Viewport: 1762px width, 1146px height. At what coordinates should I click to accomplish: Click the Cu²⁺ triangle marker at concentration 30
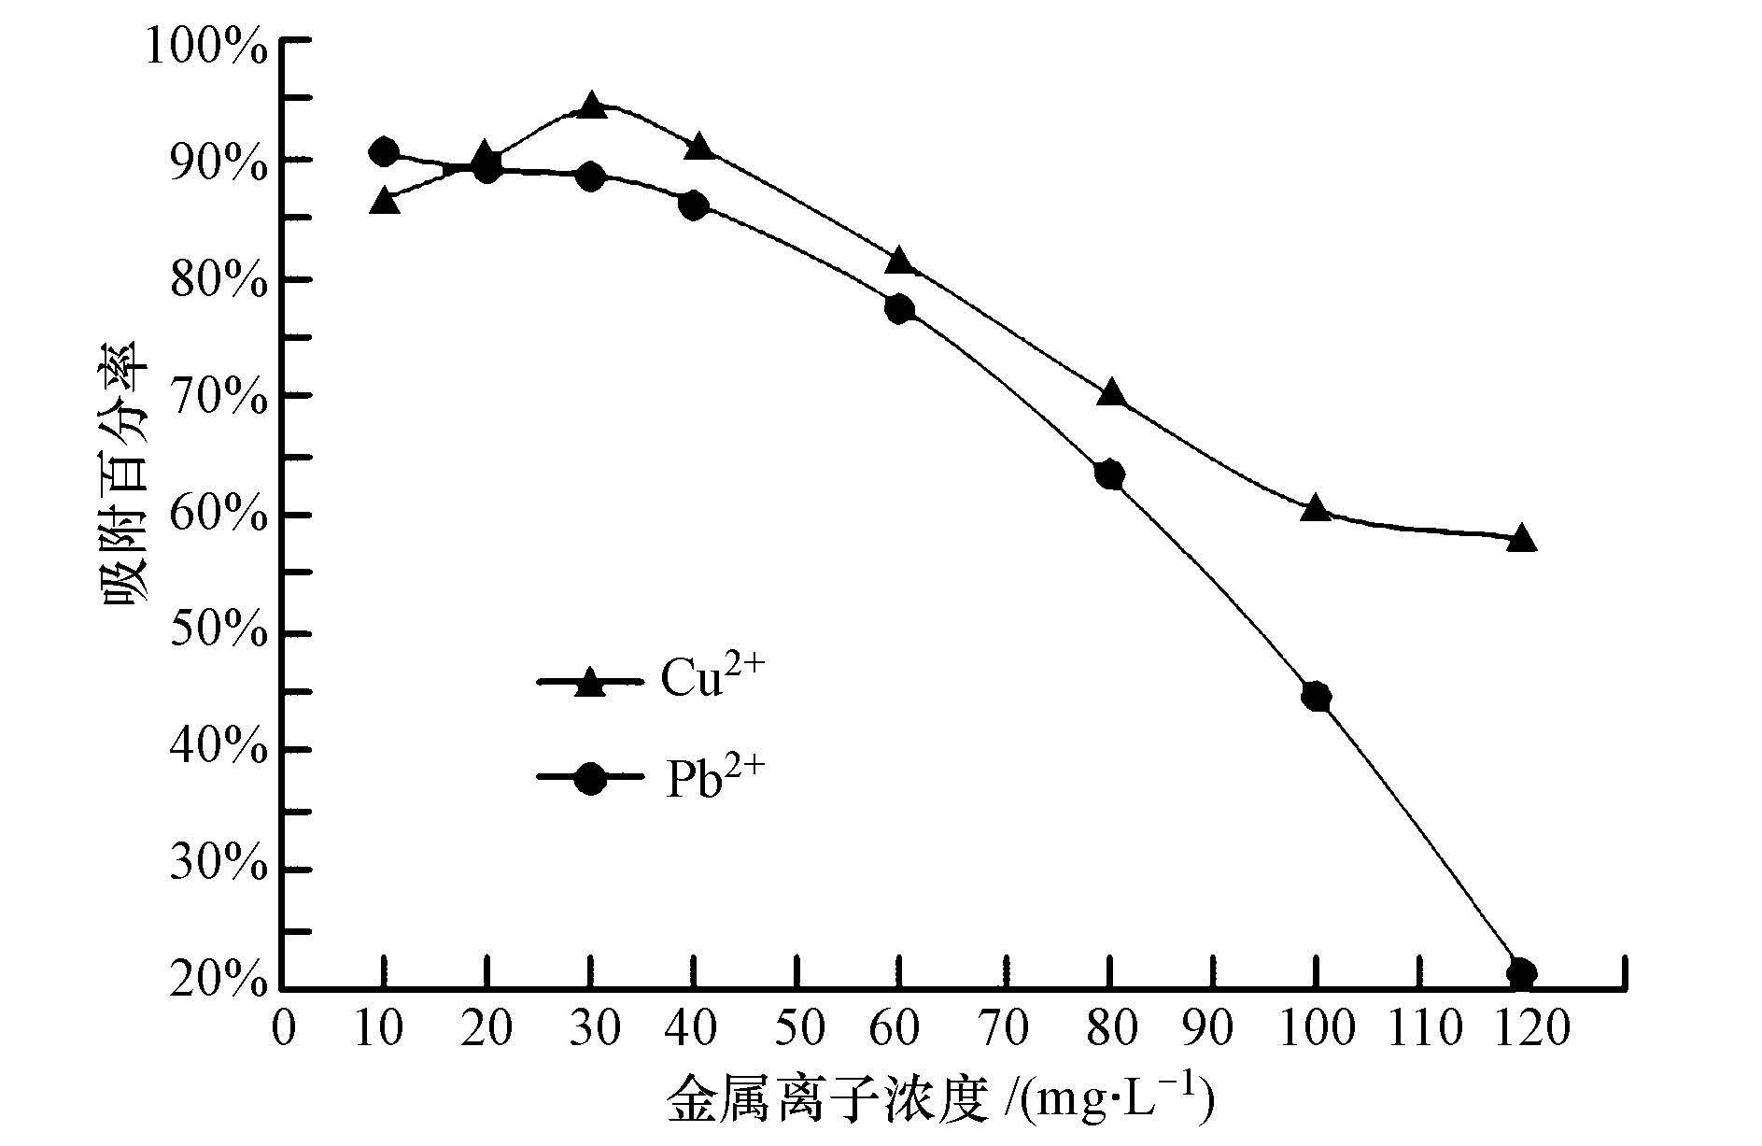[x=590, y=106]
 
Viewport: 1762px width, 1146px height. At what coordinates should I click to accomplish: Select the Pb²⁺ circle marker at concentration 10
[x=384, y=151]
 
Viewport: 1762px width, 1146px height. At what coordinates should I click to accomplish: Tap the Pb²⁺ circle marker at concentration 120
[x=1521, y=974]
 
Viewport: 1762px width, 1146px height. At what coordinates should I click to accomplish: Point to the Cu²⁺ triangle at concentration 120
[x=1521, y=538]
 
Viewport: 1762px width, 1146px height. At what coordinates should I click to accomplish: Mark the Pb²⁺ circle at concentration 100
[x=1316, y=697]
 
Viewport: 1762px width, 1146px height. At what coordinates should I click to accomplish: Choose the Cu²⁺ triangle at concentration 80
[x=1110, y=392]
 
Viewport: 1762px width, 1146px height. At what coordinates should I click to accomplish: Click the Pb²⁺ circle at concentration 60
[x=899, y=309]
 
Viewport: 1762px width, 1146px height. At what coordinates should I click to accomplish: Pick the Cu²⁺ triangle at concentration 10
[x=385, y=202]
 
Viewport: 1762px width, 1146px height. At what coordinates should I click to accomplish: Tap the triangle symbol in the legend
[x=590, y=683]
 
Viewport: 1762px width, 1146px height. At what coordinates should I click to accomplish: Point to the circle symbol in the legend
[x=590, y=778]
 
